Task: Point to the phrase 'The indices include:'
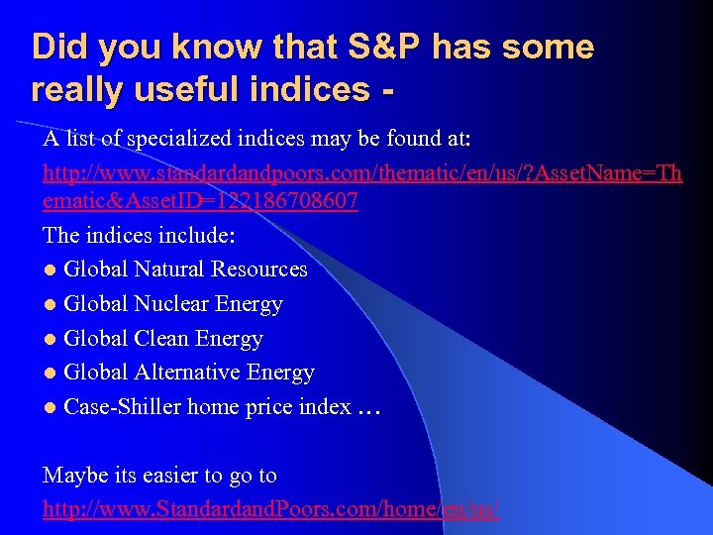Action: (x=138, y=236)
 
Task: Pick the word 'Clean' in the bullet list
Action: (x=162, y=339)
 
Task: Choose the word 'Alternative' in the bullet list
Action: (x=192, y=373)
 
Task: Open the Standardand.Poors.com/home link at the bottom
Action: (x=270, y=510)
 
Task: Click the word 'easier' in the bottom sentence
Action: (x=166, y=476)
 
